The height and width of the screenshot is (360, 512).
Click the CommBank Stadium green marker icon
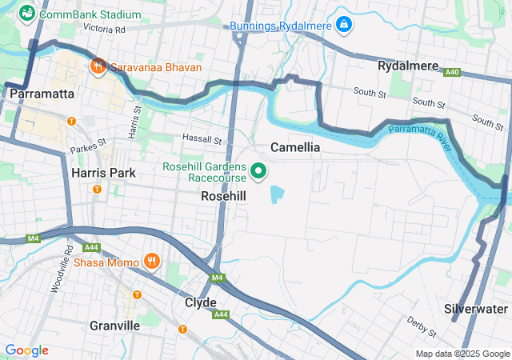point(26,13)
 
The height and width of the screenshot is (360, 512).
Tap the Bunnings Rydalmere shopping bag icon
point(344,25)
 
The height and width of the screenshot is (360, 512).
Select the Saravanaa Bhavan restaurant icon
point(98,66)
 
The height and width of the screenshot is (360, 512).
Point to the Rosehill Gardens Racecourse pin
point(259,170)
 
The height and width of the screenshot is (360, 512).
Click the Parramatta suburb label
point(43,94)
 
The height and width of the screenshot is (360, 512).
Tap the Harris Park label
point(98,172)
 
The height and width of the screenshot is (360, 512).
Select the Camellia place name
point(295,147)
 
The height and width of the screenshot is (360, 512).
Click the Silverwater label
point(477,308)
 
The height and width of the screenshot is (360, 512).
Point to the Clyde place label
point(200,302)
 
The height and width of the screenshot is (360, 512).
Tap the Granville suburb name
point(115,326)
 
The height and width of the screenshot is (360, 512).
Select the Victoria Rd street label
point(105,29)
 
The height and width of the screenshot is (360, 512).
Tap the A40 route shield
point(453,72)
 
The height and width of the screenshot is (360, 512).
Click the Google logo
point(26,350)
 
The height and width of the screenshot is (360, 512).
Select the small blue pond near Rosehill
point(278,194)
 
